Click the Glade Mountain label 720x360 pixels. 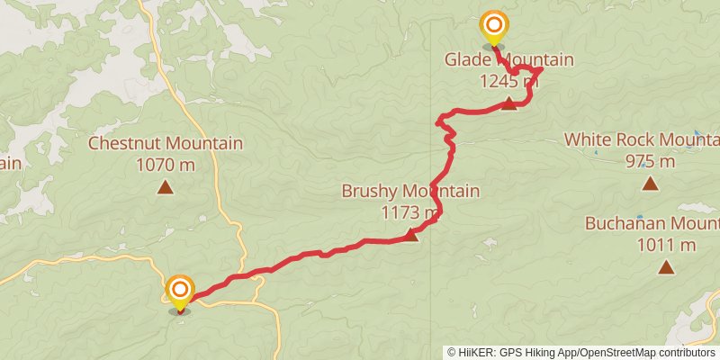pos(508,60)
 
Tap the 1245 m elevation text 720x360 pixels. pos(508,81)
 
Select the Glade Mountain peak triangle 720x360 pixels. pos(508,103)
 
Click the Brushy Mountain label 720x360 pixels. pos(410,191)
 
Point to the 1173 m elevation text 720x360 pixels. pos(410,212)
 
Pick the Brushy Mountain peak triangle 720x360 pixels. pos(410,236)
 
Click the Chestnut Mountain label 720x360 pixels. pos(165,143)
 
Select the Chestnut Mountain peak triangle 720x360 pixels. pos(165,187)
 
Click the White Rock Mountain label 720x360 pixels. pos(642,139)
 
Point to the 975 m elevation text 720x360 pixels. pos(650,161)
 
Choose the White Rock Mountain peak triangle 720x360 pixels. pos(650,184)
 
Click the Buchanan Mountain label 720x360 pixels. pos(652,224)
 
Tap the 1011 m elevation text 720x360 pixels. pos(665,245)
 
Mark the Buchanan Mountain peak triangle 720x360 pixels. pos(666,267)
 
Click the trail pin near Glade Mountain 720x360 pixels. pos(493,26)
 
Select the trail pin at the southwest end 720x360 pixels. pos(180,290)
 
